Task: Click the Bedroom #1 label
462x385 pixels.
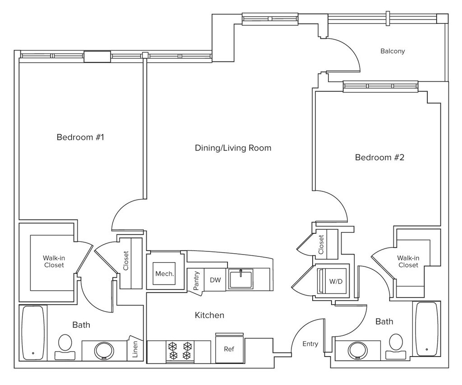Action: (80, 137)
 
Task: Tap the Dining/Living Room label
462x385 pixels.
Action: (233, 148)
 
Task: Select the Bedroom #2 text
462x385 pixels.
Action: (379, 157)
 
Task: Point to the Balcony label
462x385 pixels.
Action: (393, 51)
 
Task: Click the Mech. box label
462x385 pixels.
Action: (164, 274)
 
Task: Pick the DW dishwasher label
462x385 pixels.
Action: (215, 280)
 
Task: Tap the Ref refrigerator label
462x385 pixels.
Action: (229, 349)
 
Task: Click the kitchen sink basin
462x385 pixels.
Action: (241, 279)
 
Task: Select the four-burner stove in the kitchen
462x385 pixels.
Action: (180, 351)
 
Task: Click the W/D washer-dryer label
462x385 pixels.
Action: (336, 281)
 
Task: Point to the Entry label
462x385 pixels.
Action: (310, 344)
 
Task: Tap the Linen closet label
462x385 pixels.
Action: (135, 349)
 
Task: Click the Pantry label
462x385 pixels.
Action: (196, 280)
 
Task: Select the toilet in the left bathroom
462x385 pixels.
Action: (65, 347)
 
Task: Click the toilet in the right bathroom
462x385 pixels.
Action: (396, 346)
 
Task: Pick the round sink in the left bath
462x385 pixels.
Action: (104, 351)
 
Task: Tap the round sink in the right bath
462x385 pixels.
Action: (358, 350)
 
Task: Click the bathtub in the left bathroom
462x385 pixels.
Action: (33, 333)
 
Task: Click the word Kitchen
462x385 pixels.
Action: (209, 315)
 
